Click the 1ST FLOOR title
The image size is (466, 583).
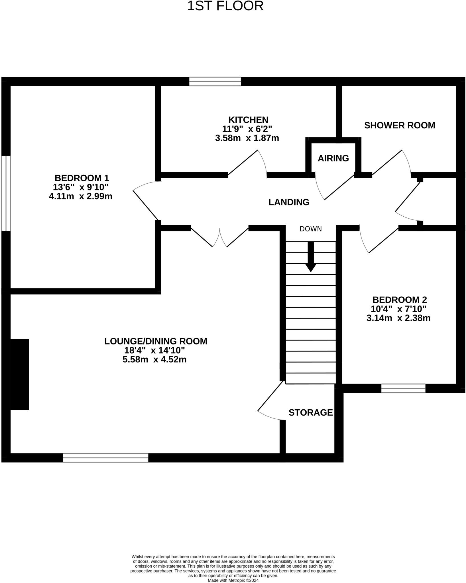[225, 6]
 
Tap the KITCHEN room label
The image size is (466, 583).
[248, 120]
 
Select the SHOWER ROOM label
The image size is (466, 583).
[399, 125]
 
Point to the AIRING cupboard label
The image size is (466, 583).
[333, 158]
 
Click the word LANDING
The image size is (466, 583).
[289, 202]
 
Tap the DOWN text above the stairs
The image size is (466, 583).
[310, 229]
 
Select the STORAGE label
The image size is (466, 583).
[310, 412]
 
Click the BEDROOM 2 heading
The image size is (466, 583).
[399, 300]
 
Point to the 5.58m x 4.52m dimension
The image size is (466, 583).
[154, 360]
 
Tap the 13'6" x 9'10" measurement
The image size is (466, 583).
[81, 187]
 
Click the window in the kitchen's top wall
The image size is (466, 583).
[215, 81]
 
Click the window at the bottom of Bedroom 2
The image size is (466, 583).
[403, 388]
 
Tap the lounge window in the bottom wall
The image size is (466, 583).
[105, 458]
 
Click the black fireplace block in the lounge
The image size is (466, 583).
[19, 374]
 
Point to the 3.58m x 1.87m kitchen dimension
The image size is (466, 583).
[247, 138]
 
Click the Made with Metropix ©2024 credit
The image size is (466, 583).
[233, 580]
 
